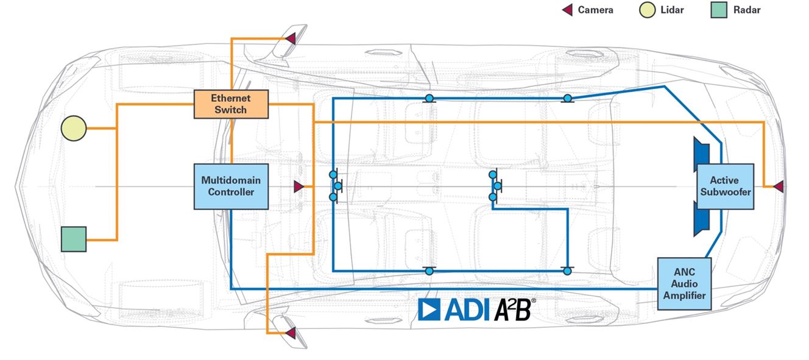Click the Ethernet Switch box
coord(231,104)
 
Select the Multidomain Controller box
coord(231,186)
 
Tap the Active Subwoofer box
coord(724,186)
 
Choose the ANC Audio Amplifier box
coord(684,284)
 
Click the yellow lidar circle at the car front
coord(74,129)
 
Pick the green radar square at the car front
coord(74,239)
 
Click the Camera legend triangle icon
coord(567,10)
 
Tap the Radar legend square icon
coord(719,10)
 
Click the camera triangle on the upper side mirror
coord(291,39)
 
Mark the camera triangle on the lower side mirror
coord(291,333)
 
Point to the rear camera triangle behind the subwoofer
coord(778,186)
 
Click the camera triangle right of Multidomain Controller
coord(299,186)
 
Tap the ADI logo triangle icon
coord(430,309)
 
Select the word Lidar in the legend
coord(672,10)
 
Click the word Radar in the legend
coord(747,10)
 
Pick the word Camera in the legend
coord(595,10)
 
